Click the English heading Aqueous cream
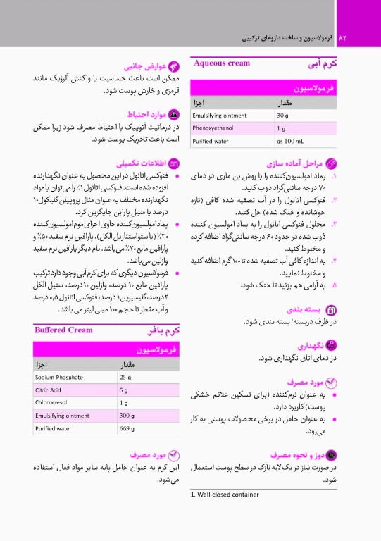[222, 63]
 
